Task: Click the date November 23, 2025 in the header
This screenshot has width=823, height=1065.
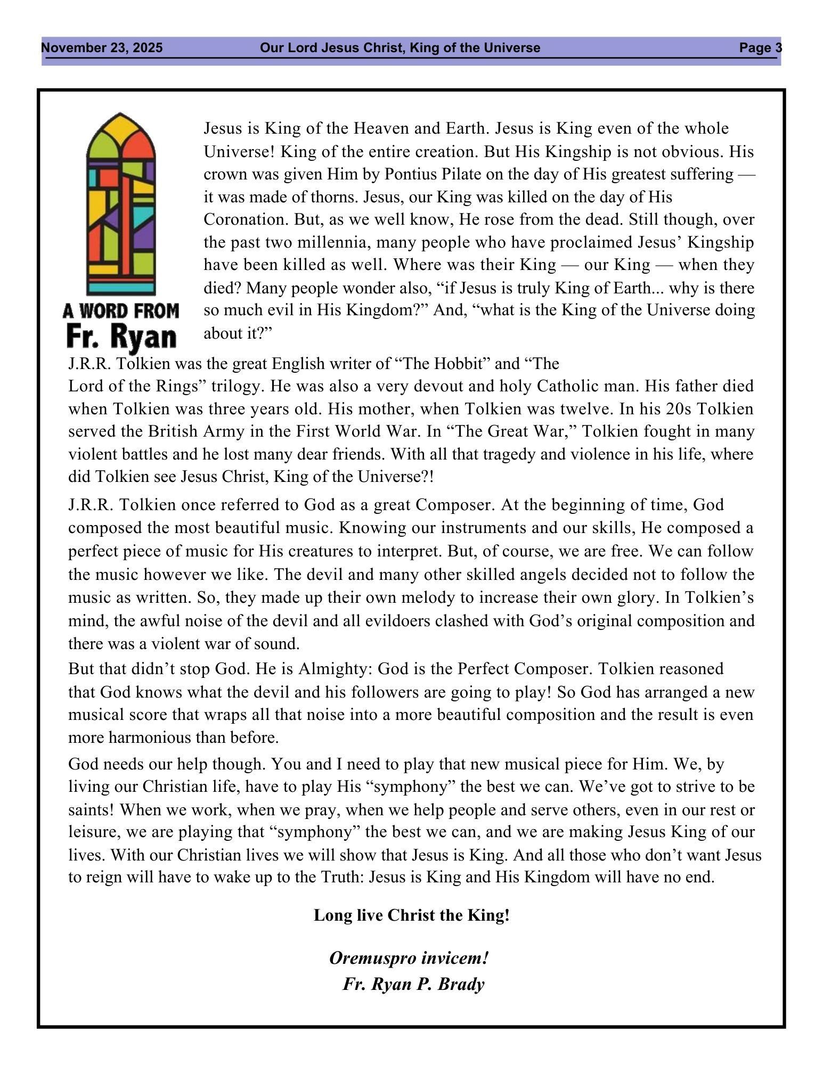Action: click(x=102, y=48)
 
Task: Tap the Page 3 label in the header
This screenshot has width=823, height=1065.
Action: click(x=760, y=48)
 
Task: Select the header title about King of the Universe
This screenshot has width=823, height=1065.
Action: click(x=400, y=48)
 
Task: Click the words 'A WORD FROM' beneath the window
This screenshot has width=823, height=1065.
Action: click(x=121, y=310)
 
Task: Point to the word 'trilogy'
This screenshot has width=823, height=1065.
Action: click(x=238, y=386)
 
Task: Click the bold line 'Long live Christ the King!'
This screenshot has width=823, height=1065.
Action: click(x=411, y=915)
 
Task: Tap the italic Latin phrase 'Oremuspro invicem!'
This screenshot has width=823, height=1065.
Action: click(x=409, y=958)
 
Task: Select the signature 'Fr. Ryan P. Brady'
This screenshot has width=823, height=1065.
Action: click(x=413, y=984)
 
